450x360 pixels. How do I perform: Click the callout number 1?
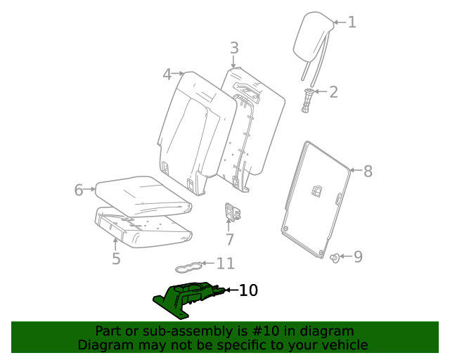point(352,22)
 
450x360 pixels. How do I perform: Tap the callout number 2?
point(333,91)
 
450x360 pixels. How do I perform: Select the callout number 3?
point(234,48)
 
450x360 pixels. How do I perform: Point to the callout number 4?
point(167,74)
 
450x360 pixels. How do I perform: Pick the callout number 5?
point(116,259)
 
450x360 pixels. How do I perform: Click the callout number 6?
point(79,189)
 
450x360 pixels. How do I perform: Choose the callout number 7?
point(229,240)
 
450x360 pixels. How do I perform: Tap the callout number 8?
point(367,170)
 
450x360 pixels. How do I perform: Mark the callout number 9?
point(358,257)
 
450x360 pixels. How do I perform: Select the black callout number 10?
point(249,290)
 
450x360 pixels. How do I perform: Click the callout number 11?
point(225,264)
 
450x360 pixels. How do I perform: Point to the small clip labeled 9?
point(335,257)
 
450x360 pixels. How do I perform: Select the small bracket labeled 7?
point(232,211)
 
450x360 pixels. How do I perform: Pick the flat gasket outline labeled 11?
point(191,266)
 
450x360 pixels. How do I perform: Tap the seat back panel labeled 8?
point(316,197)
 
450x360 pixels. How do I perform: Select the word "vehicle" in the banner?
point(342,345)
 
